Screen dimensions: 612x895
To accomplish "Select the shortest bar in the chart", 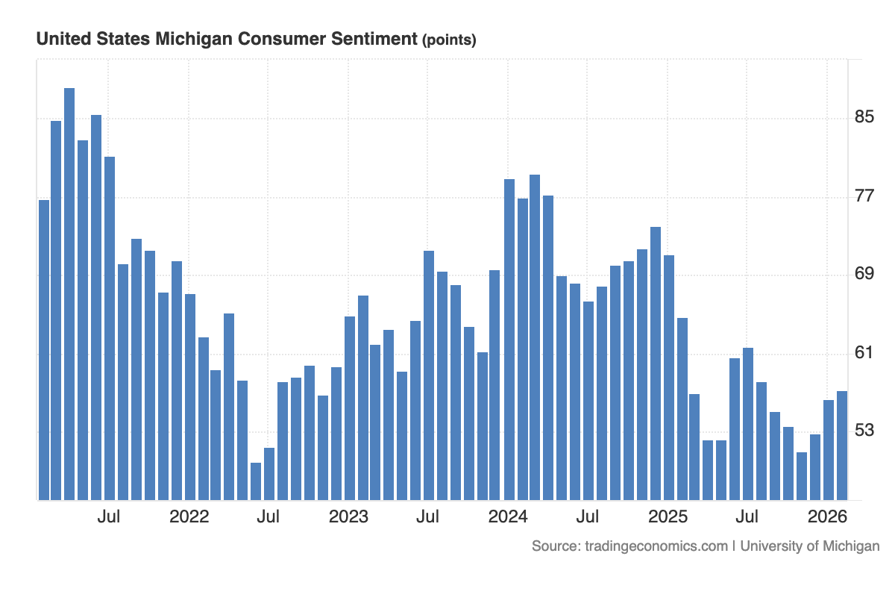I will point(256,481).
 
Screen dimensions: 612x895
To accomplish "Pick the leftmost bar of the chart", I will point(44,350).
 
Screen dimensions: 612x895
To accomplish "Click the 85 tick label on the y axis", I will point(864,117).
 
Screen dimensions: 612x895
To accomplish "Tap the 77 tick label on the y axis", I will point(864,196).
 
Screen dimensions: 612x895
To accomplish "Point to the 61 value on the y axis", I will point(864,352).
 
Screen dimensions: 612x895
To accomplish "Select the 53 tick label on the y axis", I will point(864,431).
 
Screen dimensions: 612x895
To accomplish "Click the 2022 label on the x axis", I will point(189,516).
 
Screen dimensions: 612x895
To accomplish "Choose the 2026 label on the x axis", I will point(827,516).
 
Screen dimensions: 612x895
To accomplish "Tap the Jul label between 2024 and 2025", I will point(588,516).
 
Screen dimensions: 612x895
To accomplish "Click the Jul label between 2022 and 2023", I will point(268,516).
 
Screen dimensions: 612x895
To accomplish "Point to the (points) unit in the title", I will point(449,40).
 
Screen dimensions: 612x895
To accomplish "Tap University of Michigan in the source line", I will point(810,546).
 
